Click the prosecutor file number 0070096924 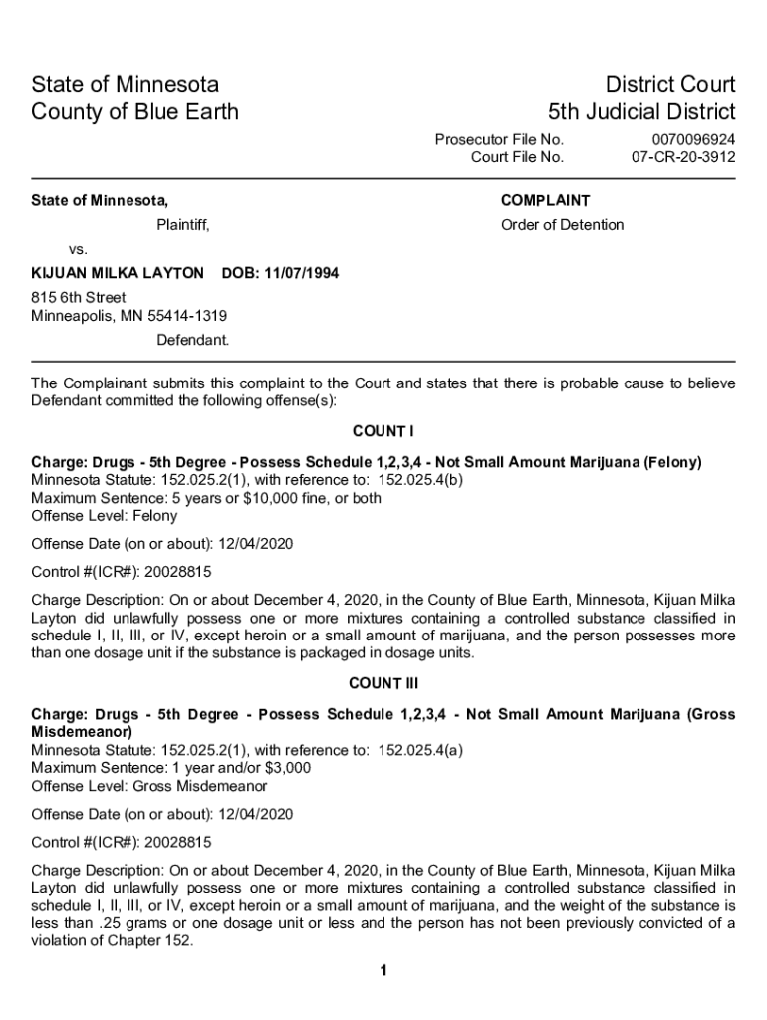(693, 140)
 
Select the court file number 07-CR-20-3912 (683, 157)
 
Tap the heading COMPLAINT (545, 200)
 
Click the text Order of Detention (562, 225)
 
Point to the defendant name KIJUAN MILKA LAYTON (118, 273)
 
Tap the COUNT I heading (383, 431)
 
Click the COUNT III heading (383, 683)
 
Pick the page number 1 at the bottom (383, 971)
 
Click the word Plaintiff (182, 225)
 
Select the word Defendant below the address (192, 340)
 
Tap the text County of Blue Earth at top (134, 111)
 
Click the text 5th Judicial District (641, 111)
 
